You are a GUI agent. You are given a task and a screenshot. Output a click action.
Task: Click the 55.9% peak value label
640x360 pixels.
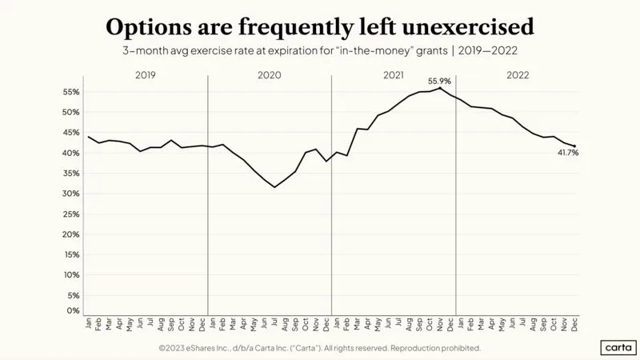click(439, 82)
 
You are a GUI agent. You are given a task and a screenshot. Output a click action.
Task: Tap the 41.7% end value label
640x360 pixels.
click(568, 153)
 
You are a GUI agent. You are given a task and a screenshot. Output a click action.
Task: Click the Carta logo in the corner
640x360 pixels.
click(618, 347)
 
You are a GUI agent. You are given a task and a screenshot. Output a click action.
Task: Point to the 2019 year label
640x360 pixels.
click(146, 75)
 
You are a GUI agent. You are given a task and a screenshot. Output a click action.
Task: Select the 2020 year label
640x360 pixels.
click(270, 75)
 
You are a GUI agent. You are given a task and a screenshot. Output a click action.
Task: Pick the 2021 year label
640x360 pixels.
click(394, 75)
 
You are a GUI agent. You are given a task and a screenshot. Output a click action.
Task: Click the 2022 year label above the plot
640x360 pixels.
click(518, 75)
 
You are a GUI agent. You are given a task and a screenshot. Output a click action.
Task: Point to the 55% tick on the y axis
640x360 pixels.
click(70, 92)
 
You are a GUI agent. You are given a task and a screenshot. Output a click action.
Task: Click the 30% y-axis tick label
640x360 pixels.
click(70, 194)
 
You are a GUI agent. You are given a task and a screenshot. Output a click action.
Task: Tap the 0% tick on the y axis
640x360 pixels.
click(73, 310)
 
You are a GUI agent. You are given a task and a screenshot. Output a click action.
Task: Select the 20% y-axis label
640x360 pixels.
click(70, 234)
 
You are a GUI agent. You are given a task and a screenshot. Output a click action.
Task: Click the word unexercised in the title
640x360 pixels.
click(468, 27)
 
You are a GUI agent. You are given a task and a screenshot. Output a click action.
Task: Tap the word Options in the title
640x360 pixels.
click(149, 28)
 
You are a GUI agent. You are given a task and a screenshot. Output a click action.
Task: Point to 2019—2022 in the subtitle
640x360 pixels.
click(488, 50)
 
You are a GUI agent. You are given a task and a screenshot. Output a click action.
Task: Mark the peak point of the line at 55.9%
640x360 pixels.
click(439, 88)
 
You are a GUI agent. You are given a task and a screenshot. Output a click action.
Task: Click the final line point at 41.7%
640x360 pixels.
click(574, 146)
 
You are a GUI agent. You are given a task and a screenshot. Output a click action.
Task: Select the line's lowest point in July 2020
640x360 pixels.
click(274, 187)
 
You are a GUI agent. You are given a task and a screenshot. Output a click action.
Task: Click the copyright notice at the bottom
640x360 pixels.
click(320, 348)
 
